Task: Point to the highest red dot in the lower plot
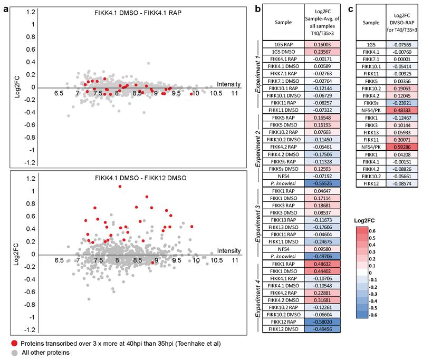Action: (120, 187)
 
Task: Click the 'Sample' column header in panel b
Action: (284, 24)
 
